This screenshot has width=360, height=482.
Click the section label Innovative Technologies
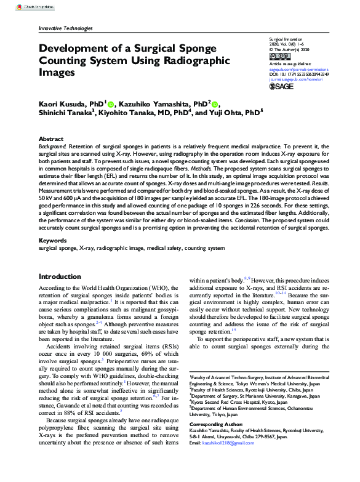point(65,28)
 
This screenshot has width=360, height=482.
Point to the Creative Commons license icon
point(278,56)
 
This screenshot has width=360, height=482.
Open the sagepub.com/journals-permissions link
point(299,70)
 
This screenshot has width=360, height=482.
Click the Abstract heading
point(50,139)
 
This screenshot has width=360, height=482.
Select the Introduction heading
point(60,277)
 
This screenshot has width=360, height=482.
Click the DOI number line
point(299,74)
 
